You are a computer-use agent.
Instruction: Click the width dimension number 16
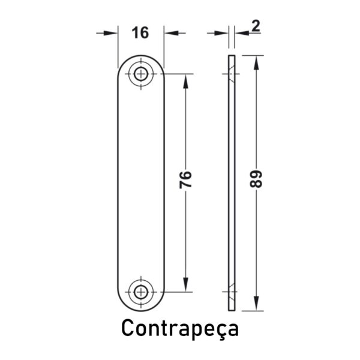[x=140, y=32]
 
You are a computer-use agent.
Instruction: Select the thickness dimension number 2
[x=256, y=26]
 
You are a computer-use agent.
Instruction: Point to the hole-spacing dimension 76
[x=185, y=180]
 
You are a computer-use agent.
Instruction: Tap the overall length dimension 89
[x=256, y=179]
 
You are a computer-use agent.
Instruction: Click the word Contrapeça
[x=180, y=328]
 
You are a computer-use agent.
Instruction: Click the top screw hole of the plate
[x=141, y=74]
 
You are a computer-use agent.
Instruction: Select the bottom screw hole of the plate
[x=141, y=292]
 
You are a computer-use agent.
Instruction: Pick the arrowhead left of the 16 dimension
[x=110, y=33]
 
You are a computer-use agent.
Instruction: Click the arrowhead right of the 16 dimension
[x=171, y=33]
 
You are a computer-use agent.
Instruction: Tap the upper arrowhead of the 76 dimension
[x=185, y=81]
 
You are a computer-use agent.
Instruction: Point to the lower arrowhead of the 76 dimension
[x=185, y=285]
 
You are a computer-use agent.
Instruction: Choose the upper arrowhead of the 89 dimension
[x=256, y=62]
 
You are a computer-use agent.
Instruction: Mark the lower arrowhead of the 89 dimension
[x=256, y=304]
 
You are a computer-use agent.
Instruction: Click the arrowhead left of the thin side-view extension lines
[x=221, y=33]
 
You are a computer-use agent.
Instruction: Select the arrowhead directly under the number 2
[x=242, y=33]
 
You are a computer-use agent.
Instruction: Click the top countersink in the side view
[x=232, y=74]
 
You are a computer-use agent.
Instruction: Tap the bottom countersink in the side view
[x=232, y=292]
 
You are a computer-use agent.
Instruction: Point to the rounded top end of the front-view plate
[x=141, y=56]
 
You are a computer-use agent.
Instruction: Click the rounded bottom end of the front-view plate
[x=141, y=310]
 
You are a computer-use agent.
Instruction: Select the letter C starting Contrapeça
[x=128, y=328]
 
